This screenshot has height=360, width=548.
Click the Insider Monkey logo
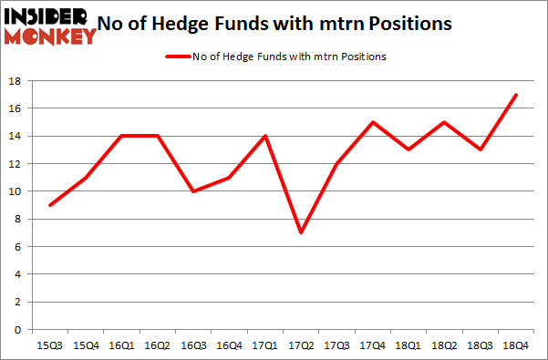(50, 26)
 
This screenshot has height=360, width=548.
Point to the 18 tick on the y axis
(16, 81)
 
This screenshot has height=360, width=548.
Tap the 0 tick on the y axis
(19, 329)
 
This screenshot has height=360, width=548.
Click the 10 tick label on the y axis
(16, 191)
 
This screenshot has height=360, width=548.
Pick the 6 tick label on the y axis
(19, 246)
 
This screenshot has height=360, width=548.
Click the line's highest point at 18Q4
(517, 95)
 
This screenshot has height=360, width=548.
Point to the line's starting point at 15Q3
(51, 205)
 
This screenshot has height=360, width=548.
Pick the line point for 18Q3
(481, 149)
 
